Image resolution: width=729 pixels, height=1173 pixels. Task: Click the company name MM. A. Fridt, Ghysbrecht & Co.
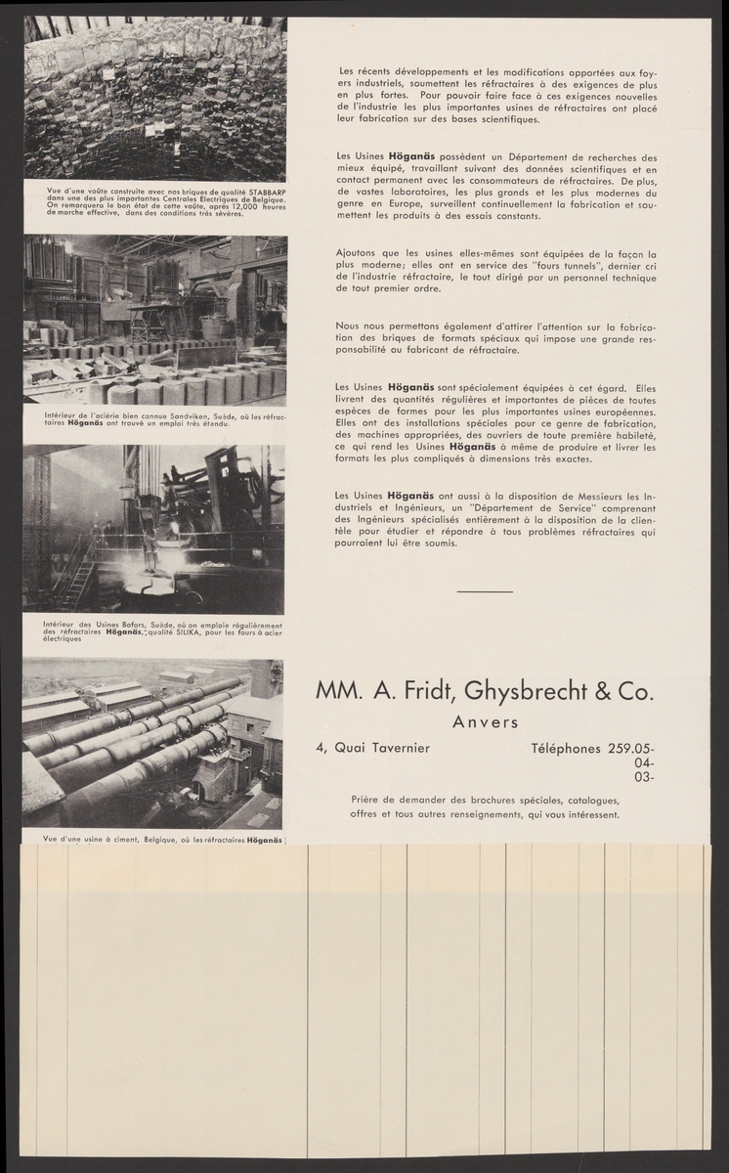point(483,692)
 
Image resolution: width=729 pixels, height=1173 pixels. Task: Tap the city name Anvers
point(486,723)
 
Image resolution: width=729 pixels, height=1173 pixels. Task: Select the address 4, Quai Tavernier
point(371,749)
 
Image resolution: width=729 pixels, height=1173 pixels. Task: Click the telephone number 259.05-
point(631,749)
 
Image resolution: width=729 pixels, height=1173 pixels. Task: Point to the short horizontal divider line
point(484,591)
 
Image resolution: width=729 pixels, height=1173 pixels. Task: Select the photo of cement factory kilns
point(151,743)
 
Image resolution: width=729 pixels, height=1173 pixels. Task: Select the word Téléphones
point(567,749)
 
